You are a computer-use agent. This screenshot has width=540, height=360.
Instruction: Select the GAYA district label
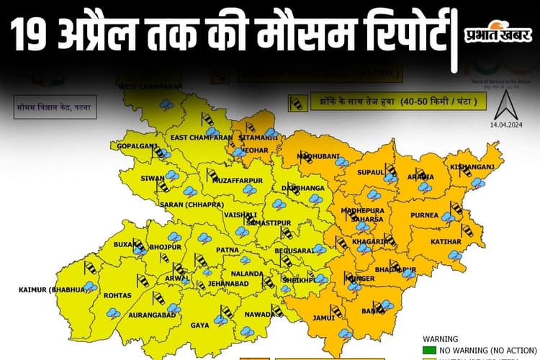coord(200,325)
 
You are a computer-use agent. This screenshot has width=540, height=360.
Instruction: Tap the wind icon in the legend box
coord(296,104)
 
